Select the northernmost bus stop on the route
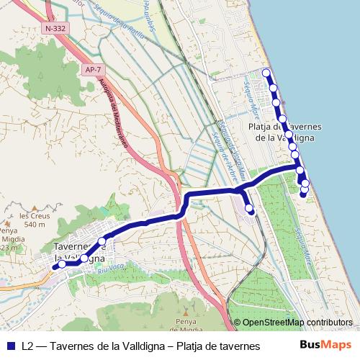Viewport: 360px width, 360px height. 266,73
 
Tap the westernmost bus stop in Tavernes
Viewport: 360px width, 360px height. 62,264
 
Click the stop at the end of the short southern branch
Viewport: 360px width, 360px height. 250,209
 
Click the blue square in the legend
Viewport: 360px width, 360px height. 10,346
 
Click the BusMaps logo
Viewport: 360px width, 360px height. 325,345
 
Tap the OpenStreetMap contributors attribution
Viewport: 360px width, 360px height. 297,323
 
